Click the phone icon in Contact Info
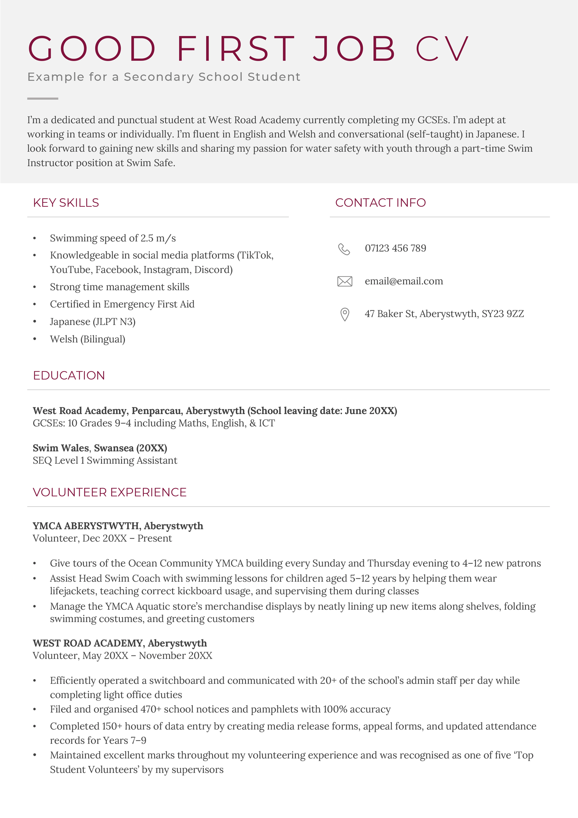tap(344, 249)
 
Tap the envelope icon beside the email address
tap(345, 281)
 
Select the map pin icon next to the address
tap(345, 314)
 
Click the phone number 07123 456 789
tap(395, 248)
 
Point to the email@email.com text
tap(404, 281)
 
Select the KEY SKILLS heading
tap(66, 203)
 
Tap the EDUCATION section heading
tap(69, 376)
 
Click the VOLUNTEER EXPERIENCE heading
tap(109, 492)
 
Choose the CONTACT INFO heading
tap(380, 203)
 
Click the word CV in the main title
tap(442, 49)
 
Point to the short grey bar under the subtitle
tap(43, 98)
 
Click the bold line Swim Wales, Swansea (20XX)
tap(100, 448)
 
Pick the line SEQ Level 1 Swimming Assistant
tap(105, 461)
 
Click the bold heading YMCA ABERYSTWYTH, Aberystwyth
tap(118, 526)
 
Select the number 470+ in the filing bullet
tap(151, 709)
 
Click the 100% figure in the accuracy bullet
tap(335, 709)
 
